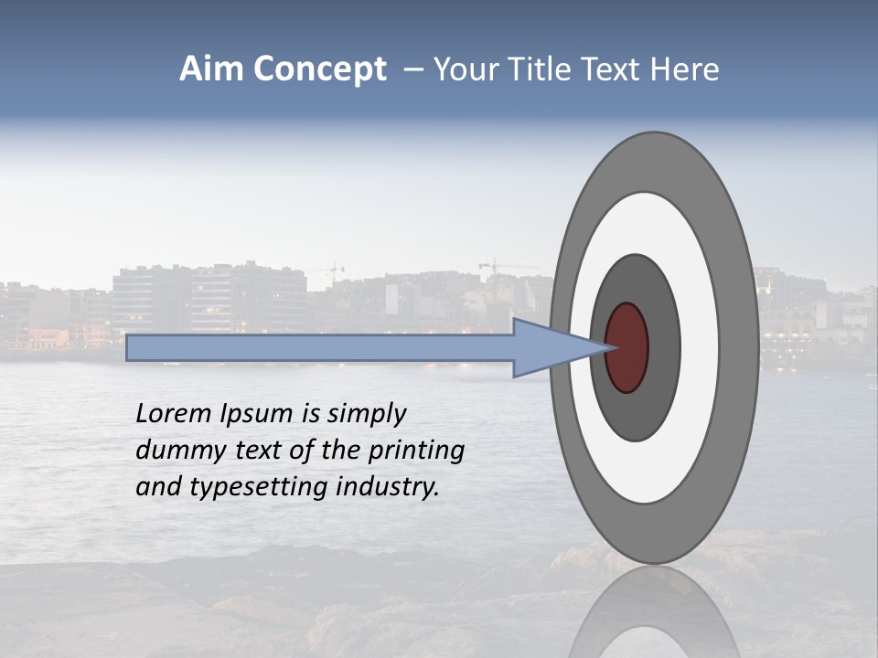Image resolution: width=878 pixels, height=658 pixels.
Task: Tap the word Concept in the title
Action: [x=319, y=70]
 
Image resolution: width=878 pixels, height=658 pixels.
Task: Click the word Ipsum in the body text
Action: [x=256, y=414]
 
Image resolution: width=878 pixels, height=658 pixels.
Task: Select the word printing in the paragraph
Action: [x=416, y=451]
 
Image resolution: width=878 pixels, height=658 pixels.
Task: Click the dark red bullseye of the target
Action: [x=627, y=347]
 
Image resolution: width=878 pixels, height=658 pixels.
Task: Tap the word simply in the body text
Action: [x=366, y=414]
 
